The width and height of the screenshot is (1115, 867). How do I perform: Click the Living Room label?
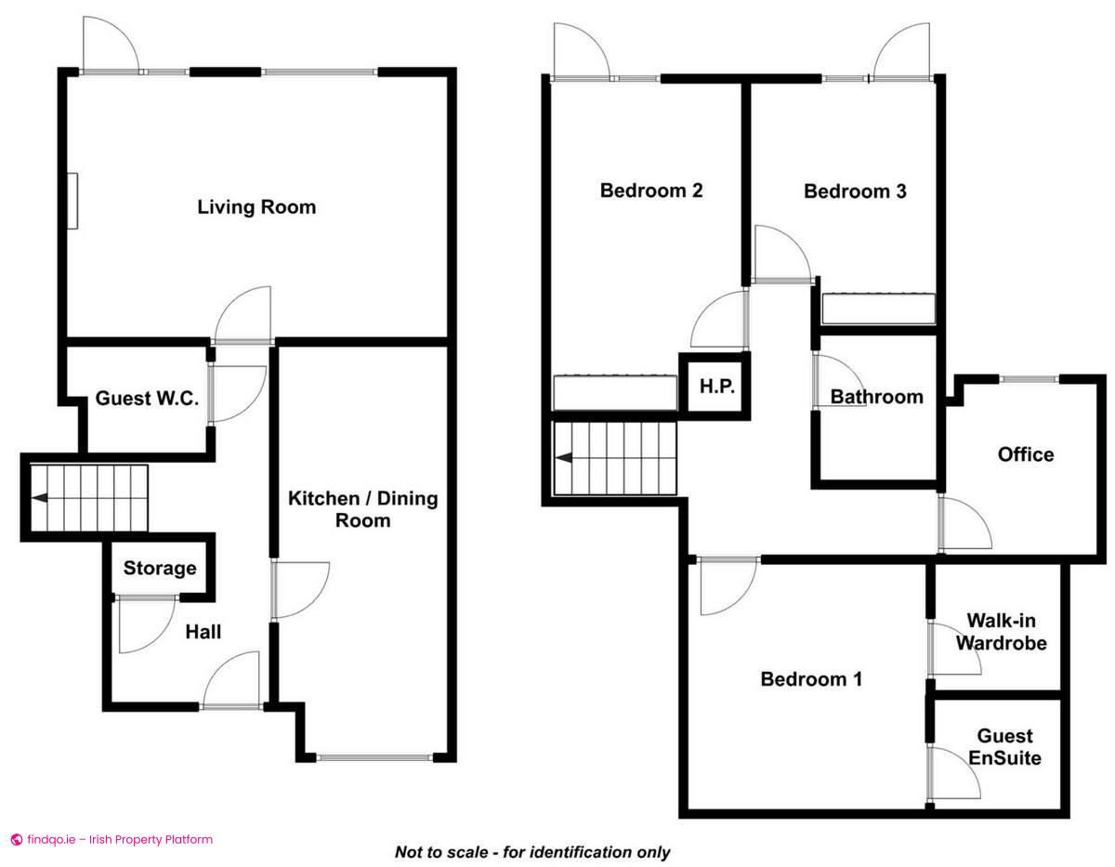coord(256,206)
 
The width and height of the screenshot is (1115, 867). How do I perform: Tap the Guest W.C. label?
coord(148,399)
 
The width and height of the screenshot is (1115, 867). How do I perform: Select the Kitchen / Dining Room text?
coord(362,509)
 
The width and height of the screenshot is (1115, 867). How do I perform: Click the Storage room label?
coord(160,568)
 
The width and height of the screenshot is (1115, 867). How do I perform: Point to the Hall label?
coord(203,632)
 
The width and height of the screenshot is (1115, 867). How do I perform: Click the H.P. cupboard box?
coord(716,386)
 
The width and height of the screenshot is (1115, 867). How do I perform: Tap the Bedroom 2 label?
coord(650,190)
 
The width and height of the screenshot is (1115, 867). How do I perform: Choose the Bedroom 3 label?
coord(855,191)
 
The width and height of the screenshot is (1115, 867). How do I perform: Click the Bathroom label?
coord(876,397)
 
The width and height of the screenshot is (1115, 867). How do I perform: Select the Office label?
coord(1026,454)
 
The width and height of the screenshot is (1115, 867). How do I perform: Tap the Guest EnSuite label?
coord(1004,747)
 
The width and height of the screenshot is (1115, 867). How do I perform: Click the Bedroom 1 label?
coord(811,679)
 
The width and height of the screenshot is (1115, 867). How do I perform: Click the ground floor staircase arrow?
coord(41,498)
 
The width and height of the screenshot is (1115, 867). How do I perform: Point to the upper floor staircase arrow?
coord(563,458)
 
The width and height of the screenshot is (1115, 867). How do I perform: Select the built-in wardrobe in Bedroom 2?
coord(614,392)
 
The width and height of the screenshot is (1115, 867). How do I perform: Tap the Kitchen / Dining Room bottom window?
coord(374,758)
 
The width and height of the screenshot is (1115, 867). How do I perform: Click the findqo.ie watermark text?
coord(111,839)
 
